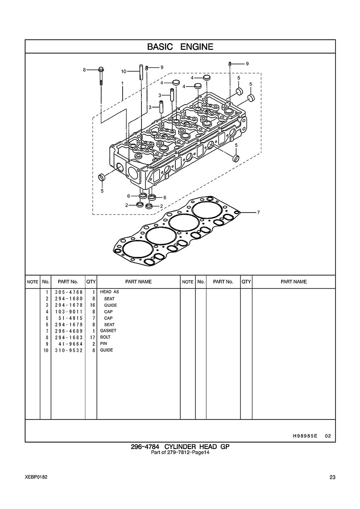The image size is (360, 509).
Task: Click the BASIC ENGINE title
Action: point(180,47)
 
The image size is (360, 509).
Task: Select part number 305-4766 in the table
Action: point(69,292)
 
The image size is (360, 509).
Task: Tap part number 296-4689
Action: point(69,331)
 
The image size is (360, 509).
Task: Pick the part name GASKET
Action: point(108,331)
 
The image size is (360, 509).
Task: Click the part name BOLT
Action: point(105,337)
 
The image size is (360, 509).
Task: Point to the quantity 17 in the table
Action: point(91,337)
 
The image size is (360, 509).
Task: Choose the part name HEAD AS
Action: point(109,292)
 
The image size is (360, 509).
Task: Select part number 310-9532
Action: point(69,350)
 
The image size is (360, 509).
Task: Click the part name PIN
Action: point(103,344)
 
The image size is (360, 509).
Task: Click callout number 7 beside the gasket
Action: point(258,213)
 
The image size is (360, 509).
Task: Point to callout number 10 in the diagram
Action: point(123,72)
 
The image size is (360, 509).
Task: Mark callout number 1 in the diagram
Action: point(123,83)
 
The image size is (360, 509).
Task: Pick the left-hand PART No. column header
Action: point(68,282)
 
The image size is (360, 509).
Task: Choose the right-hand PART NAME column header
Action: point(294,282)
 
